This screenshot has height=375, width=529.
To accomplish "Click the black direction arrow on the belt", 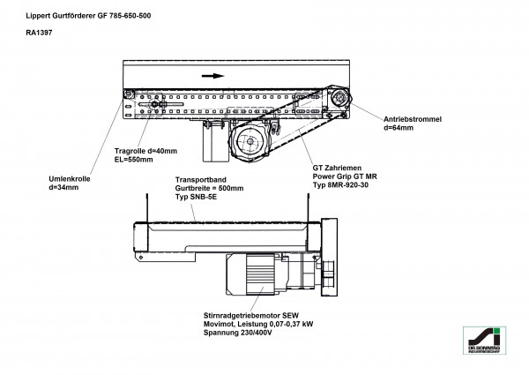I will pyautogui.click(x=212, y=76).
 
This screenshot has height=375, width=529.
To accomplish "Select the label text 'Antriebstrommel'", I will pyautogui.click(x=414, y=118).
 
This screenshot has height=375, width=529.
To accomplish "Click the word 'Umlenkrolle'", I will pyautogui.click(x=70, y=179).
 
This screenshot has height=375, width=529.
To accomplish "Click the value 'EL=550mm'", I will pyautogui.click(x=135, y=160).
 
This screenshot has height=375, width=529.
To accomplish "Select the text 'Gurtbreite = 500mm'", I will pyautogui.click(x=209, y=188).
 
